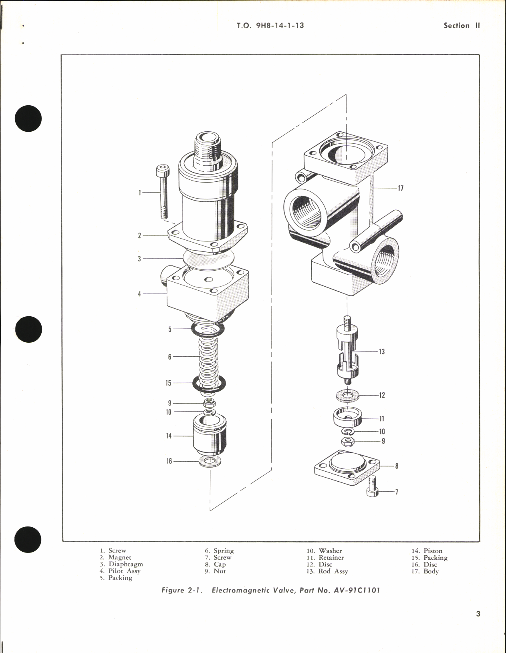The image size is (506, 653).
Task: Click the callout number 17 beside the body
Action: (400, 188)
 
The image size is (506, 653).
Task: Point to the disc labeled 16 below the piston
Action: (210, 461)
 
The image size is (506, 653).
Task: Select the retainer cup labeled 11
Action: (348, 419)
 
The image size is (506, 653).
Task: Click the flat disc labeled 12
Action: (348, 395)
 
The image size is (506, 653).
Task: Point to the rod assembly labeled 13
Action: (347, 350)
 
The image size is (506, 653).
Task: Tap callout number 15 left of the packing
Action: (168, 383)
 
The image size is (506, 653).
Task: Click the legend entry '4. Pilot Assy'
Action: (120, 571)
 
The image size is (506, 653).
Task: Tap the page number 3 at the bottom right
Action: (478, 614)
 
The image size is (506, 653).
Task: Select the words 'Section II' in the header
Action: (462, 26)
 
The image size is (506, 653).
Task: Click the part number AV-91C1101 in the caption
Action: (356, 591)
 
